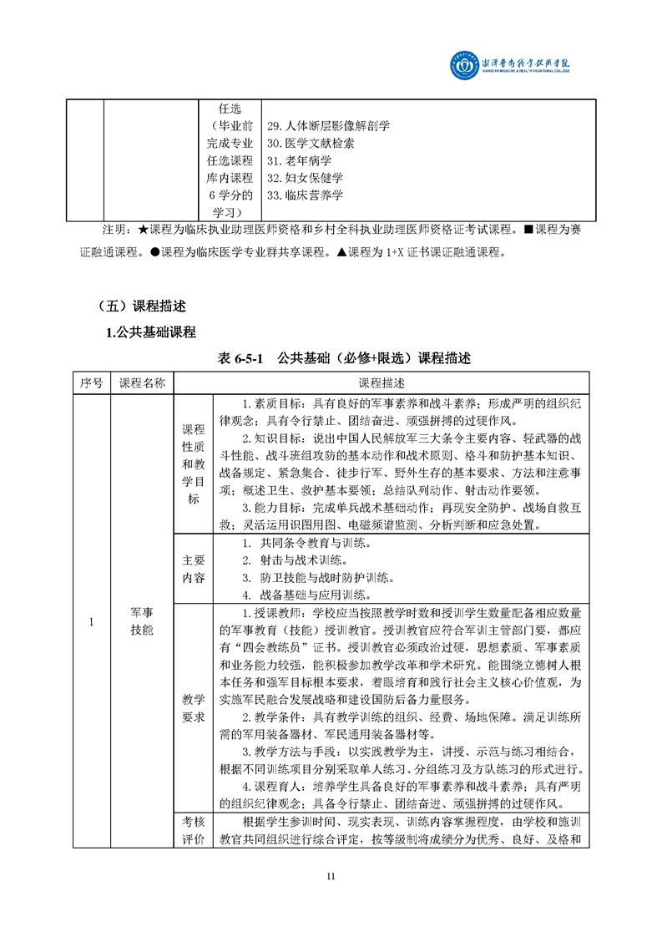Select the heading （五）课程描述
point(141,306)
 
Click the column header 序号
point(92,382)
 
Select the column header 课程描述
point(382,382)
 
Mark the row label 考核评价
point(193,831)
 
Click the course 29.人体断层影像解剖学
point(328,126)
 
